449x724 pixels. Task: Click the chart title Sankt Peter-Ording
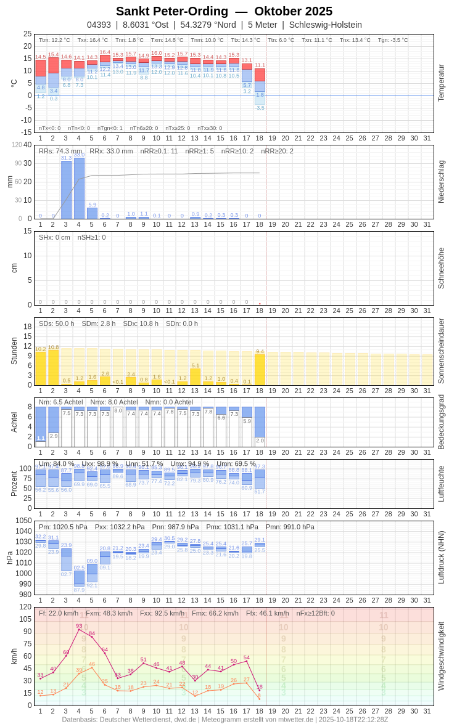tap(172, 11)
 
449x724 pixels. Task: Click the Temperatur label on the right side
tap(441, 83)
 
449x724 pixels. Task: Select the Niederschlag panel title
tap(441, 182)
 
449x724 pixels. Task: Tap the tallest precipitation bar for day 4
tap(79, 188)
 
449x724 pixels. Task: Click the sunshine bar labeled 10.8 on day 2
tap(53, 368)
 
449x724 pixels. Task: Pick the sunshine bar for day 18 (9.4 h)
tap(260, 370)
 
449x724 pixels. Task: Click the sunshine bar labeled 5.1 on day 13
tap(195, 376)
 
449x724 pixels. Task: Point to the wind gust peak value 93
tap(79, 626)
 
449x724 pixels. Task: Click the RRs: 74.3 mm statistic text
tap(60, 151)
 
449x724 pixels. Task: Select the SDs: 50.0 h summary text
tap(57, 323)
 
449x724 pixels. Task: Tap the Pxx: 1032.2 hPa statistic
tap(120, 527)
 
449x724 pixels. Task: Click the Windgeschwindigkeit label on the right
tap(441, 656)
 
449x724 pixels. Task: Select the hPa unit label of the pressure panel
tap(10, 558)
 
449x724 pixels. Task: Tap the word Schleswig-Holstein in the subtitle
tap(326, 25)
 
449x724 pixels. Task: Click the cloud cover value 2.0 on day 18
tap(260, 441)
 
